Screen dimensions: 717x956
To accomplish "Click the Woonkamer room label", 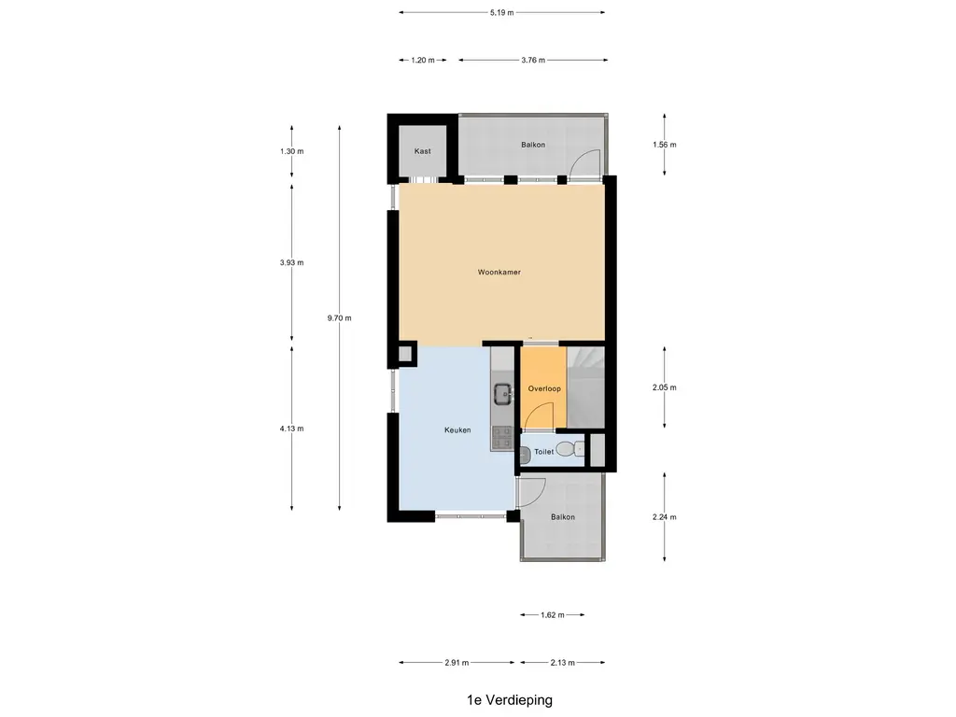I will pos(499,273).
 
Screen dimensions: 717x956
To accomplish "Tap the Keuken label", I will pos(457,430).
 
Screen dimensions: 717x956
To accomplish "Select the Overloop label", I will pos(542,387).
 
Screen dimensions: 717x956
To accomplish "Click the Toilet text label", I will pos(543,452).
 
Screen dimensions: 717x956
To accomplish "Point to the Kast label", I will pos(422,150).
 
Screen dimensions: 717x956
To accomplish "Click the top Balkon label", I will pos(533,145).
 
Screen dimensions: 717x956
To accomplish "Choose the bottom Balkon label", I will pos(562,516).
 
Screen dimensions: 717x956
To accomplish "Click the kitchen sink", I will pos(502,393).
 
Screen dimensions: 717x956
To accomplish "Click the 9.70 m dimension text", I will pos(340,318).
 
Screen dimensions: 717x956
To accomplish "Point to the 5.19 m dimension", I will pos(501,13).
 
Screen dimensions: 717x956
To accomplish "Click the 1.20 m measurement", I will pos(423,60).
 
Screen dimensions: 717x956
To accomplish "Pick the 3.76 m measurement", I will pos(532,60).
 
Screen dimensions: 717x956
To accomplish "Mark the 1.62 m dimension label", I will pos(553,614).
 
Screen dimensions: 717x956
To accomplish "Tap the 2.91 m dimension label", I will pos(457,662).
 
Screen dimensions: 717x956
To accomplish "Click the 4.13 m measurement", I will pos(292,429).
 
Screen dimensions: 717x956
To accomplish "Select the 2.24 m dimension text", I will pos(664,517).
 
